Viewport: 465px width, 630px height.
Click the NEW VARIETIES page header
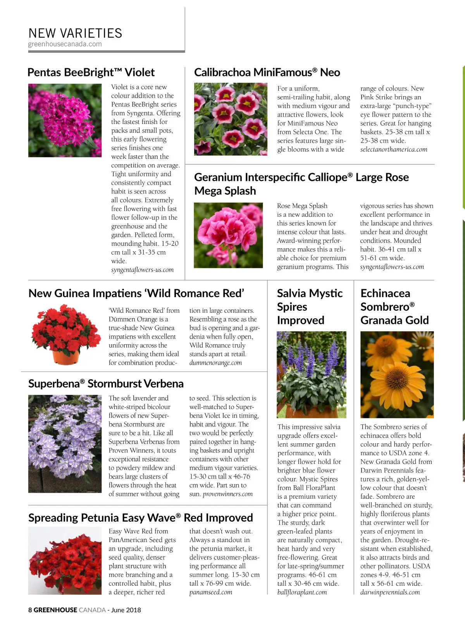[x=75, y=33]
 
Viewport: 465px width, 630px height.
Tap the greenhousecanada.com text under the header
[x=65, y=44]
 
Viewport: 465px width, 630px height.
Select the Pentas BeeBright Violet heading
[x=91, y=72]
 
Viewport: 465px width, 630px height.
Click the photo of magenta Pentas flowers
[x=65, y=120]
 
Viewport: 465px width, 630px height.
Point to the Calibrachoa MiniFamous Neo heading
[x=267, y=72]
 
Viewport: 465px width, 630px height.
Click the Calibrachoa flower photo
[x=231, y=119]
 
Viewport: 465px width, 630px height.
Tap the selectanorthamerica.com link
[x=394, y=150]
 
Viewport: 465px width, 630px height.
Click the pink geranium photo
[x=228, y=235]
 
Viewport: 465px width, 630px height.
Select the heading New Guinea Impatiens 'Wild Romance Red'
[x=136, y=293]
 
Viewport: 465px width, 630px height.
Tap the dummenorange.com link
[x=215, y=363]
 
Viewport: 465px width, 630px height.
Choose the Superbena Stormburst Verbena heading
[x=106, y=384]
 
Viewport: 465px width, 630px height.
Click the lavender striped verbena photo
[x=65, y=444]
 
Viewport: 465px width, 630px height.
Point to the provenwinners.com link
[x=227, y=494]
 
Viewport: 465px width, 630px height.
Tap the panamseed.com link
[x=211, y=592]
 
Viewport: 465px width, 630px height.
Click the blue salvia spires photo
[x=311, y=374]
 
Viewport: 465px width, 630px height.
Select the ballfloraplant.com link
[x=302, y=592]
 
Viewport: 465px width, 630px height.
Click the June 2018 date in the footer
[x=126, y=610]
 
